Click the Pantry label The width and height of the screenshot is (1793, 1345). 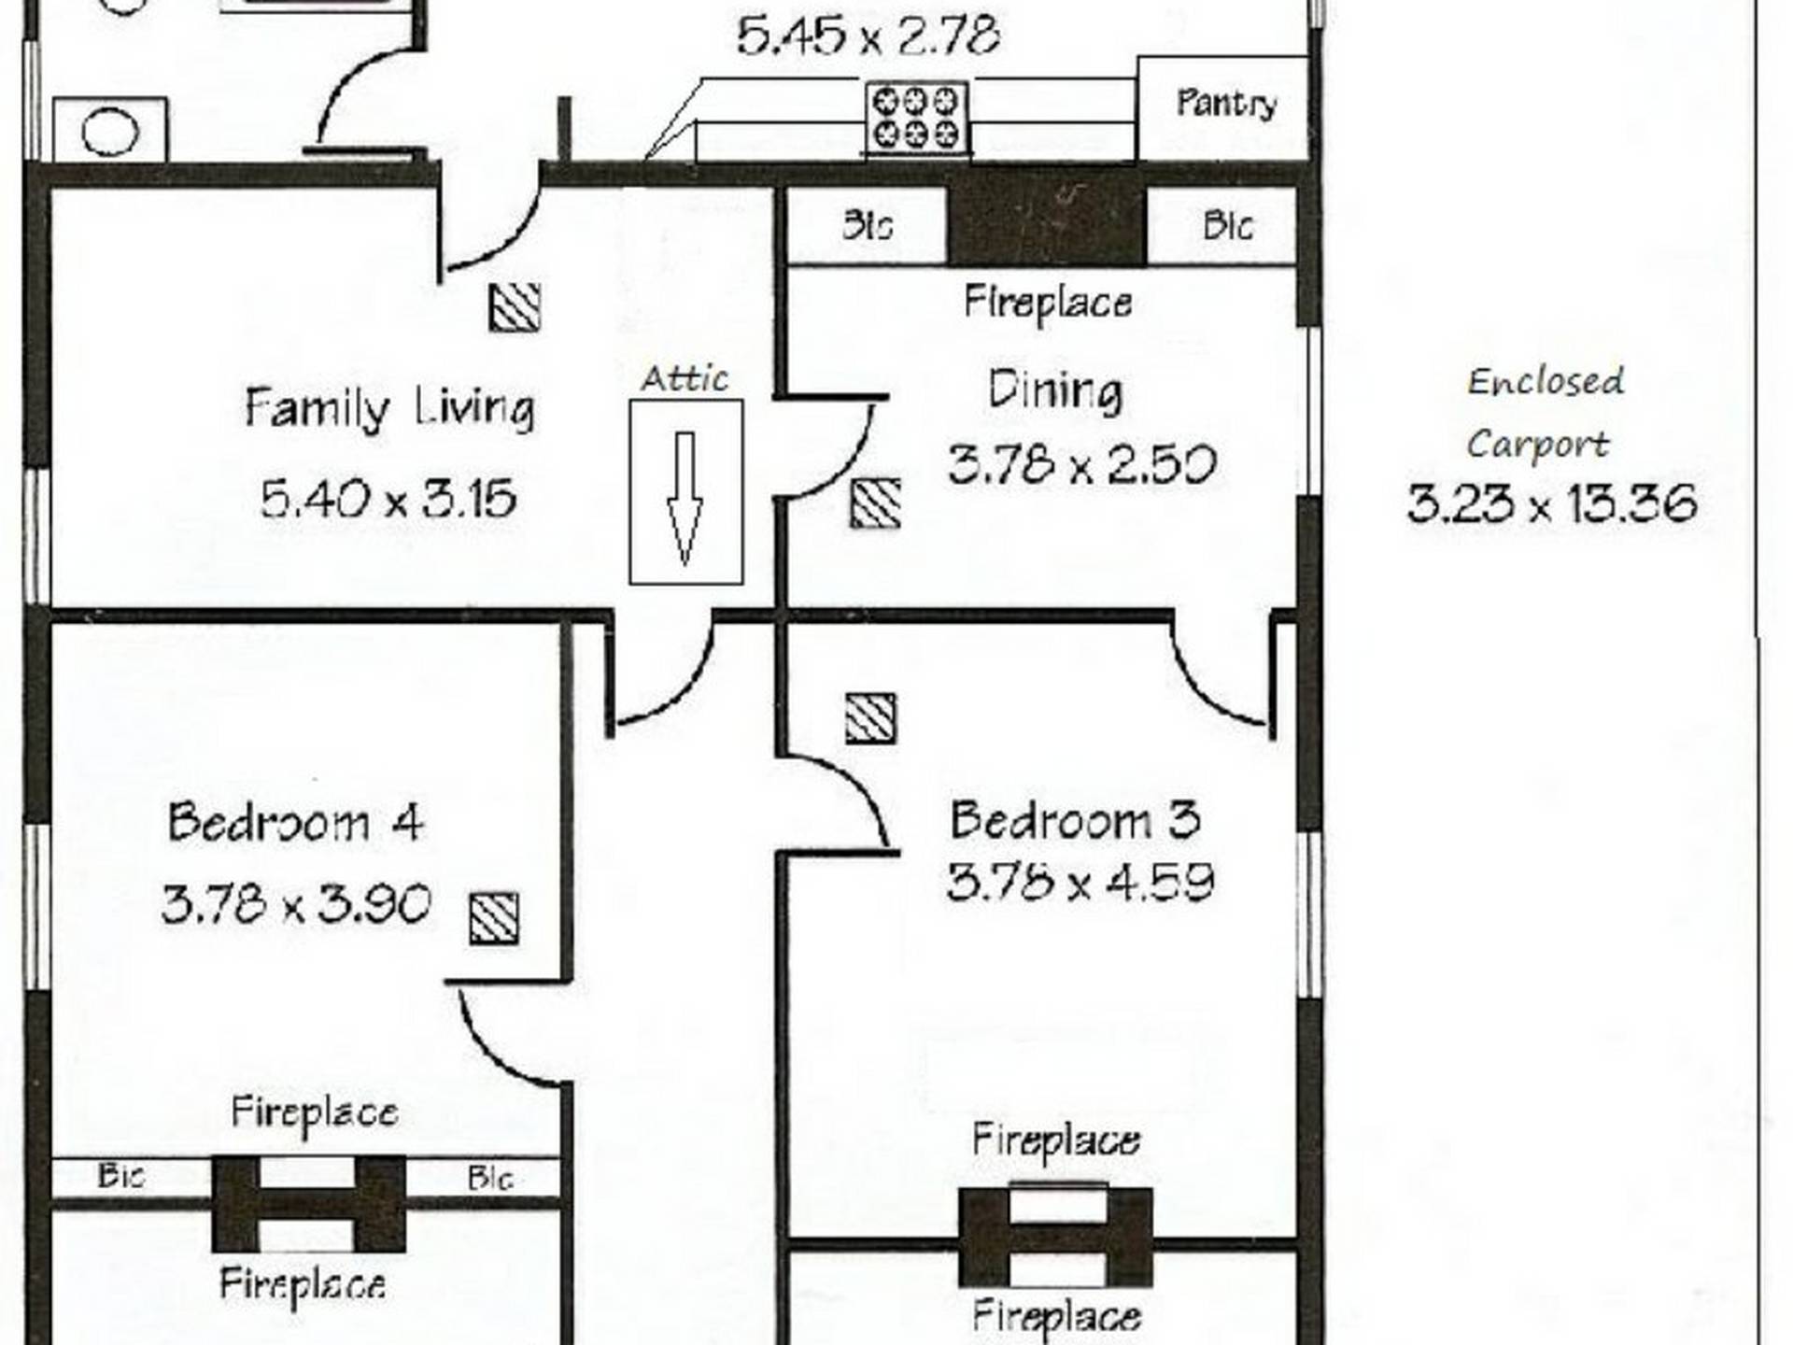1226,103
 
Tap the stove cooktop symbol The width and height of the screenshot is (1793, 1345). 917,118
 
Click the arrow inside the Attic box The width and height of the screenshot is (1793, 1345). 685,499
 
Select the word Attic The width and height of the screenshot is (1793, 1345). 685,378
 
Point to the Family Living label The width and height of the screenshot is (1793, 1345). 389,409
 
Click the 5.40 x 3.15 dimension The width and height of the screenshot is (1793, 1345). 388,498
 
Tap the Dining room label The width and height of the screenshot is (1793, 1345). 1055,391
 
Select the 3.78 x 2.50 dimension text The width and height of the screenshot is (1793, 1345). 1081,464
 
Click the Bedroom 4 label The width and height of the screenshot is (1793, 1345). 295,823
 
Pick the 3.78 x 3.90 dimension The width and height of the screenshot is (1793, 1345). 296,904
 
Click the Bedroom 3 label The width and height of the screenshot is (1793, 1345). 1075,820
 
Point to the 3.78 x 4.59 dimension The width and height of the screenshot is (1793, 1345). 1080,882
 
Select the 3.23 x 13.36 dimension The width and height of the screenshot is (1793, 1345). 1551,503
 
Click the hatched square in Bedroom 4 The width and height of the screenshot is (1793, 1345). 494,918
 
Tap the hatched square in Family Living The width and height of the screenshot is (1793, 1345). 515,307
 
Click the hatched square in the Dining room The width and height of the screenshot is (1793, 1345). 876,504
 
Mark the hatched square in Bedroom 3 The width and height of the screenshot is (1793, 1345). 870,718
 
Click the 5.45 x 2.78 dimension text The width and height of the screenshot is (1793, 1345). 868,37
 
